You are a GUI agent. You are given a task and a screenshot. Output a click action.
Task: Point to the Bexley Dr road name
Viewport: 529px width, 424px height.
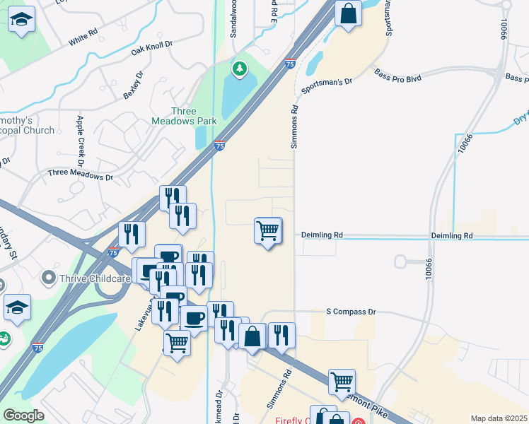(132, 84)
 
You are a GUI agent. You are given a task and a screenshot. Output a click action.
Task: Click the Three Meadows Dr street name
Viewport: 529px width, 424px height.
(80, 173)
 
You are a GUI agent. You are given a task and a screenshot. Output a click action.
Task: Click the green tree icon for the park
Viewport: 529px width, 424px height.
(240, 69)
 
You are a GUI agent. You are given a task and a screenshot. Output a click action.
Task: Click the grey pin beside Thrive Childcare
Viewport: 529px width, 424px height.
(48, 278)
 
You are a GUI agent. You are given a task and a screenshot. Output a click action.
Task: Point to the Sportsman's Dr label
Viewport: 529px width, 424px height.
(326, 87)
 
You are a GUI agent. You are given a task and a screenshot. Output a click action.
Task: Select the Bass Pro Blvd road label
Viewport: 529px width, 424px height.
(397, 76)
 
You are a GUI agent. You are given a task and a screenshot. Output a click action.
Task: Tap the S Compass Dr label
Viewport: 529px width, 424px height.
(351, 311)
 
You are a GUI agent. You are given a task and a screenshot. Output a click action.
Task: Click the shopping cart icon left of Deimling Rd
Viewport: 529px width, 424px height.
(268, 230)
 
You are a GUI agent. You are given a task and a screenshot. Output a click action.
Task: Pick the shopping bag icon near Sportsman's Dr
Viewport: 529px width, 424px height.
(348, 13)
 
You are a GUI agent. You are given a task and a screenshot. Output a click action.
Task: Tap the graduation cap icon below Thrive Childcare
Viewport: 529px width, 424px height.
(17, 308)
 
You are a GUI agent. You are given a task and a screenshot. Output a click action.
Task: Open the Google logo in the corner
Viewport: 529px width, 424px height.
(23, 416)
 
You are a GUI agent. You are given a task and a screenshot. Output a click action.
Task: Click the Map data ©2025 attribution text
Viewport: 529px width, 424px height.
(499, 418)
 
